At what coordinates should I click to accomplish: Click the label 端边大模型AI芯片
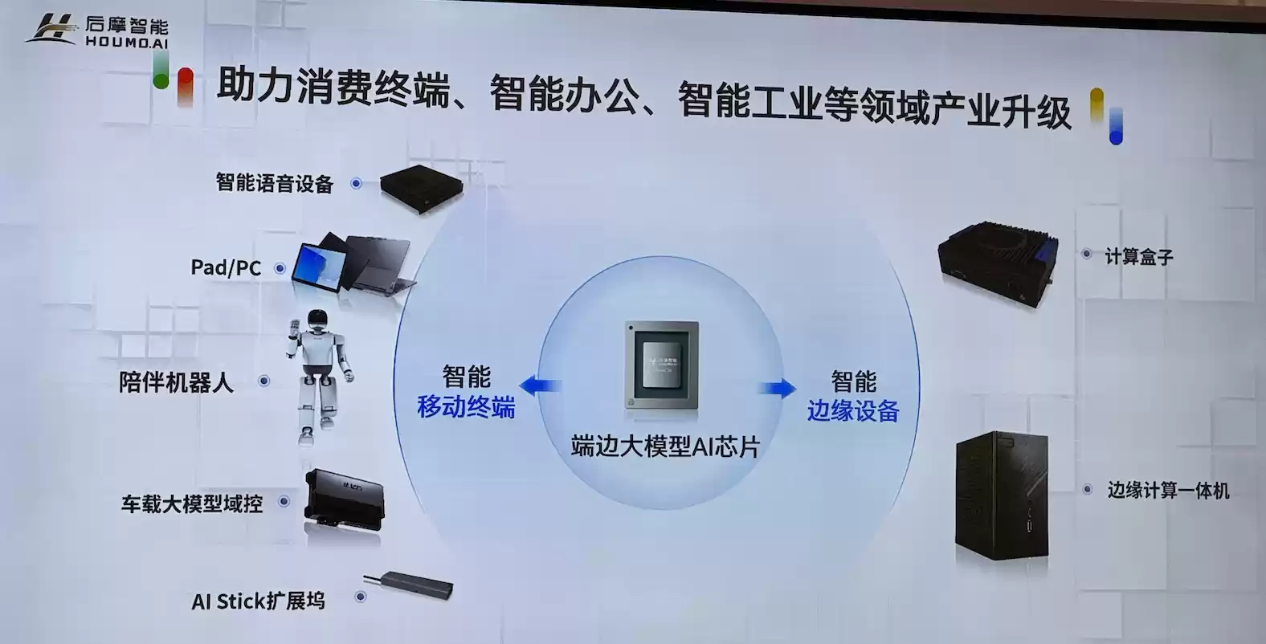pos(664,446)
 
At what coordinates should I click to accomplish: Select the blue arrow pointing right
pos(777,388)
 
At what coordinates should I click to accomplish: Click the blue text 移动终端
pos(466,407)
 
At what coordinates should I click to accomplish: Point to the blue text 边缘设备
pos(852,411)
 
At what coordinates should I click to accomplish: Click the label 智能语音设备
pos(274,183)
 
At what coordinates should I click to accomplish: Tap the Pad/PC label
pos(226,267)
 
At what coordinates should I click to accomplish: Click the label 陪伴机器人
pos(176,382)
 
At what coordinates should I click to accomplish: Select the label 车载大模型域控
pos(192,503)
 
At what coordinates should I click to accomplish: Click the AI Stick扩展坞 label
pos(258,601)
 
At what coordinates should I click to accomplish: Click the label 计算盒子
pos(1138,257)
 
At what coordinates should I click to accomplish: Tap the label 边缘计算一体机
pos(1168,490)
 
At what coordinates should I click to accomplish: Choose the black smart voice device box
pos(420,186)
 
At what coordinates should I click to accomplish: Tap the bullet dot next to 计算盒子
pos(1086,254)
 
